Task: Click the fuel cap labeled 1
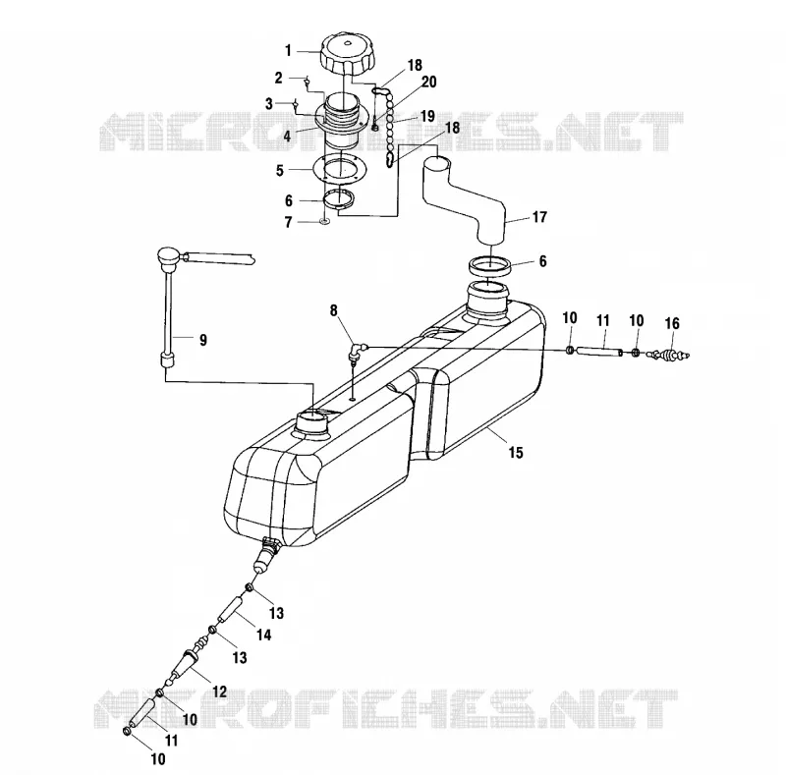tap(347, 54)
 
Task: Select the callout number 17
tap(539, 217)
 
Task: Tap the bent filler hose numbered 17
tap(464, 198)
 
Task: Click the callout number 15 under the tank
tap(516, 453)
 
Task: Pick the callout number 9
tap(203, 340)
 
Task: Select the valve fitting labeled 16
tap(669, 355)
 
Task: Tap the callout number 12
tap(219, 692)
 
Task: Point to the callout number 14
tap(263, 636)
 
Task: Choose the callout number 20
tap(429, 82)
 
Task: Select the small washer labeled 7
tap(324, 221)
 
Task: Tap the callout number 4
tap(287, 136)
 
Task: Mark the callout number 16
tap(672, 323)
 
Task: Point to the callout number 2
tap(278, 79)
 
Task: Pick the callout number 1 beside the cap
tap(288, 51)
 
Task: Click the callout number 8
tap(334, 310)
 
